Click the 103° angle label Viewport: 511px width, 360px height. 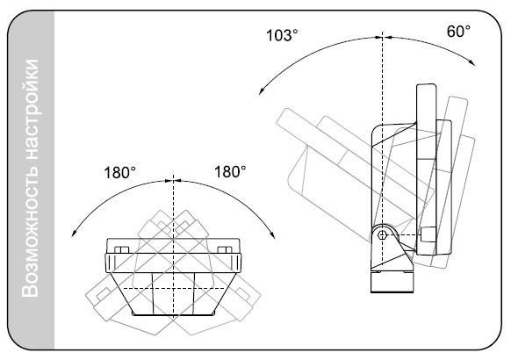click(x=282, y=35)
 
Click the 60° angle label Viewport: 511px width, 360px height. click(x=458, y=32)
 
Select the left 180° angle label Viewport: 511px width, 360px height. click(x=119, y=173)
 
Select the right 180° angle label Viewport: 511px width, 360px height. click(x=230, y=172)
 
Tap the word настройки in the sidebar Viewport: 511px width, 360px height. click(x=31, y=109)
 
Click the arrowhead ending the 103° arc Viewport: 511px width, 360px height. click(x=261, y=92)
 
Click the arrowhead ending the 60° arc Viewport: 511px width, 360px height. click(x=472, y=62)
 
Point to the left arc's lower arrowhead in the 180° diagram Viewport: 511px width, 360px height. click(x=74, y=234)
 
